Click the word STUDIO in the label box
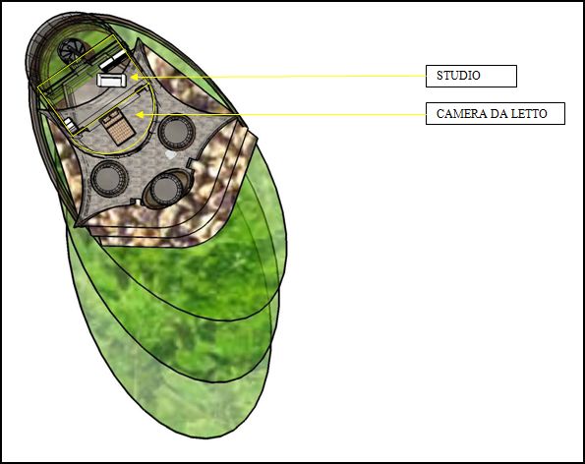(x=458, y=76)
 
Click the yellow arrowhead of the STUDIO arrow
(x=134, y=78)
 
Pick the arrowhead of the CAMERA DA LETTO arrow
(x=140, y=114)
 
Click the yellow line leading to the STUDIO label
(x=278, y=77)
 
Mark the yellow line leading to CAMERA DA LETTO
(x=280, y=114)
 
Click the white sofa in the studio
(x=111, y=80)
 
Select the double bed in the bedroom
(x=117, y=126)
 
